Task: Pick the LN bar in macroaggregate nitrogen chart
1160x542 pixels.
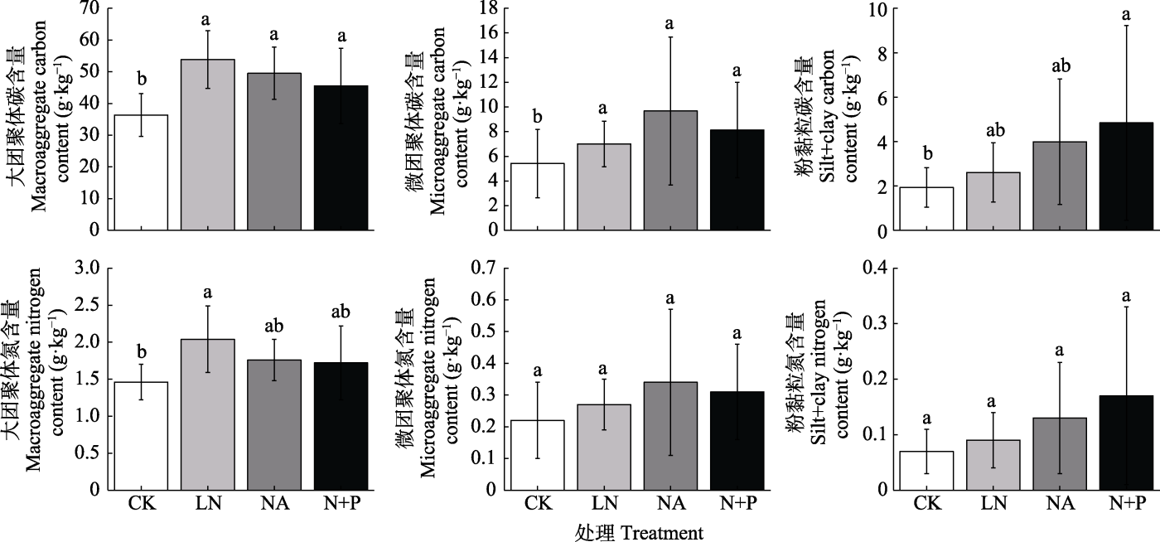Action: (207, 414)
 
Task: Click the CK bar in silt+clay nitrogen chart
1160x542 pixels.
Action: (927, 470)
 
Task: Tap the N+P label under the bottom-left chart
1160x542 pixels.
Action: (341, 503)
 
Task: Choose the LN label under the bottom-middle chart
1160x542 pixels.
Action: (603, 503)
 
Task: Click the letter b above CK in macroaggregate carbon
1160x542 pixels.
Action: (142, 80)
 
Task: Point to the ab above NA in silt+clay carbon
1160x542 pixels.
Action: (1060, 63)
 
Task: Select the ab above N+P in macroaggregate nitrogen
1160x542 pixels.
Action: (341, 312)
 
